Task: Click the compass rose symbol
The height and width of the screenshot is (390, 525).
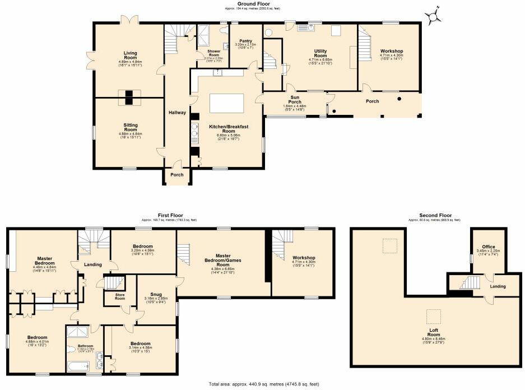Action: [x=433, y=17]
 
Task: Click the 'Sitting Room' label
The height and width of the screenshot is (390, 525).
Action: [x=130, y=128]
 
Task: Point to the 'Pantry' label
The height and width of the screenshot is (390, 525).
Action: [x=245, y=41]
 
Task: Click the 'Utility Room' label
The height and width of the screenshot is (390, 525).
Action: [x=320, y=53]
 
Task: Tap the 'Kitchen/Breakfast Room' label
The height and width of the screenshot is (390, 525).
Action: [x=227, y=128]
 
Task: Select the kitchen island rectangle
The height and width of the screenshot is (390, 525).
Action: [x=227, y=104]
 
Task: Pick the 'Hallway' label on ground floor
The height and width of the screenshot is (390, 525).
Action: [x=177, y=113]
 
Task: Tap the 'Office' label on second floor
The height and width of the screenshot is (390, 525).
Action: [x=488, y=247]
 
